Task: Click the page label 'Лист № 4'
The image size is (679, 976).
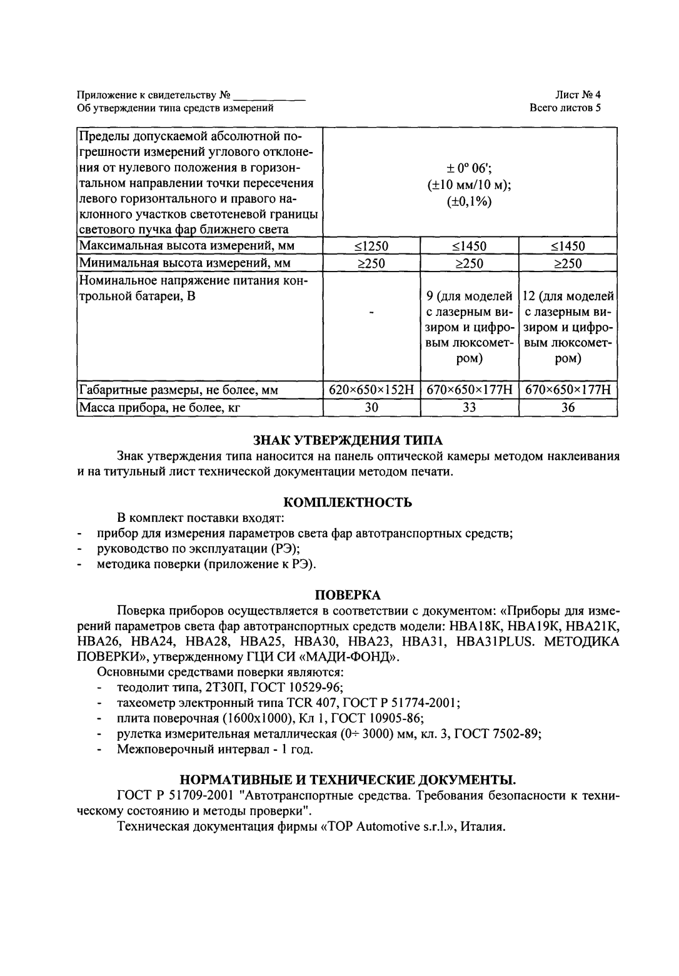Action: [x=578, y=95]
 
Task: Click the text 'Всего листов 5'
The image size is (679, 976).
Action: [x=565, y=108]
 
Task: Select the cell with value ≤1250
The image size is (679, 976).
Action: [x=371, y=246]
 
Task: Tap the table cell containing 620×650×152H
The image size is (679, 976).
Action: [x=371, y=390]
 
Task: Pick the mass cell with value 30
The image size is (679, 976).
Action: [x=371, y=408]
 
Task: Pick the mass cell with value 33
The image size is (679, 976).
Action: [x=470, y=408]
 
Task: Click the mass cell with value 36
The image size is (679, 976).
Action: [x=568, y=408]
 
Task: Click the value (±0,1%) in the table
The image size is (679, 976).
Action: [x=470, y=201]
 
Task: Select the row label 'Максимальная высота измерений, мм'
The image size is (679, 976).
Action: [x=186, y=246]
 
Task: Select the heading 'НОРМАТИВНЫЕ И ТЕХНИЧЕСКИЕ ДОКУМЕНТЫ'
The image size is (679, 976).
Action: [x=348, y=780]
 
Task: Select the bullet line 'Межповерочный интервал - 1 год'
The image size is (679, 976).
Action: [x=215, y=749]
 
